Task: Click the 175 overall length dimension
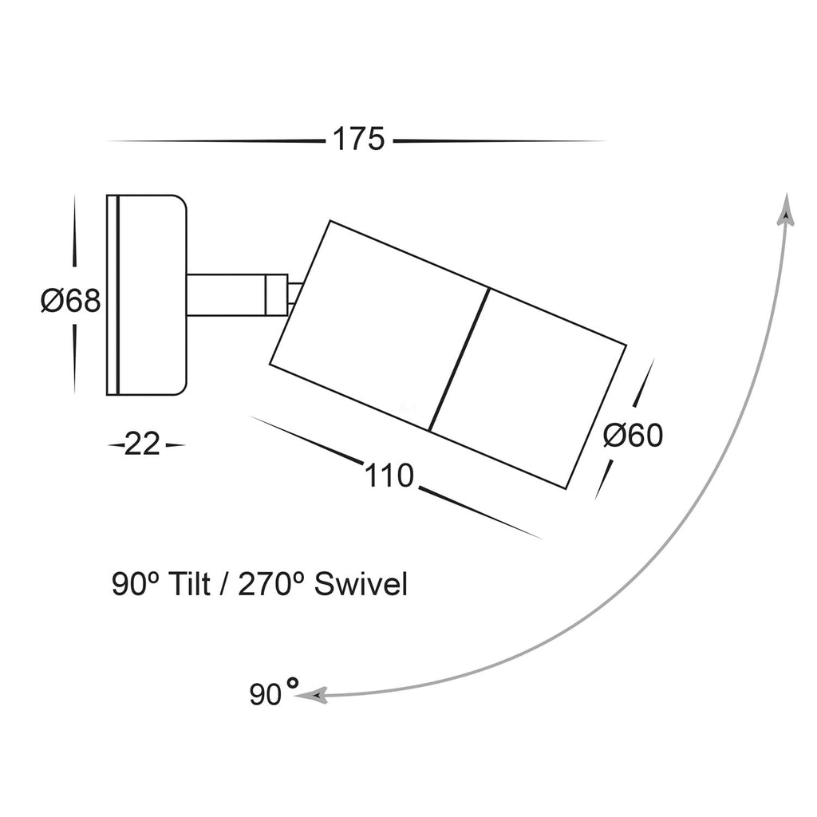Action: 358,140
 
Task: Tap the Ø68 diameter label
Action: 71,301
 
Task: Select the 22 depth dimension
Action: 144,444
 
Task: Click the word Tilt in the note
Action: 189,586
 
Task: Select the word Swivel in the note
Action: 361,586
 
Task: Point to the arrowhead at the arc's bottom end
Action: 312,696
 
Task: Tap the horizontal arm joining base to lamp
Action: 225,295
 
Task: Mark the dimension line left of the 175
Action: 215,141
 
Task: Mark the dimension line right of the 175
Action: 499,141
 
